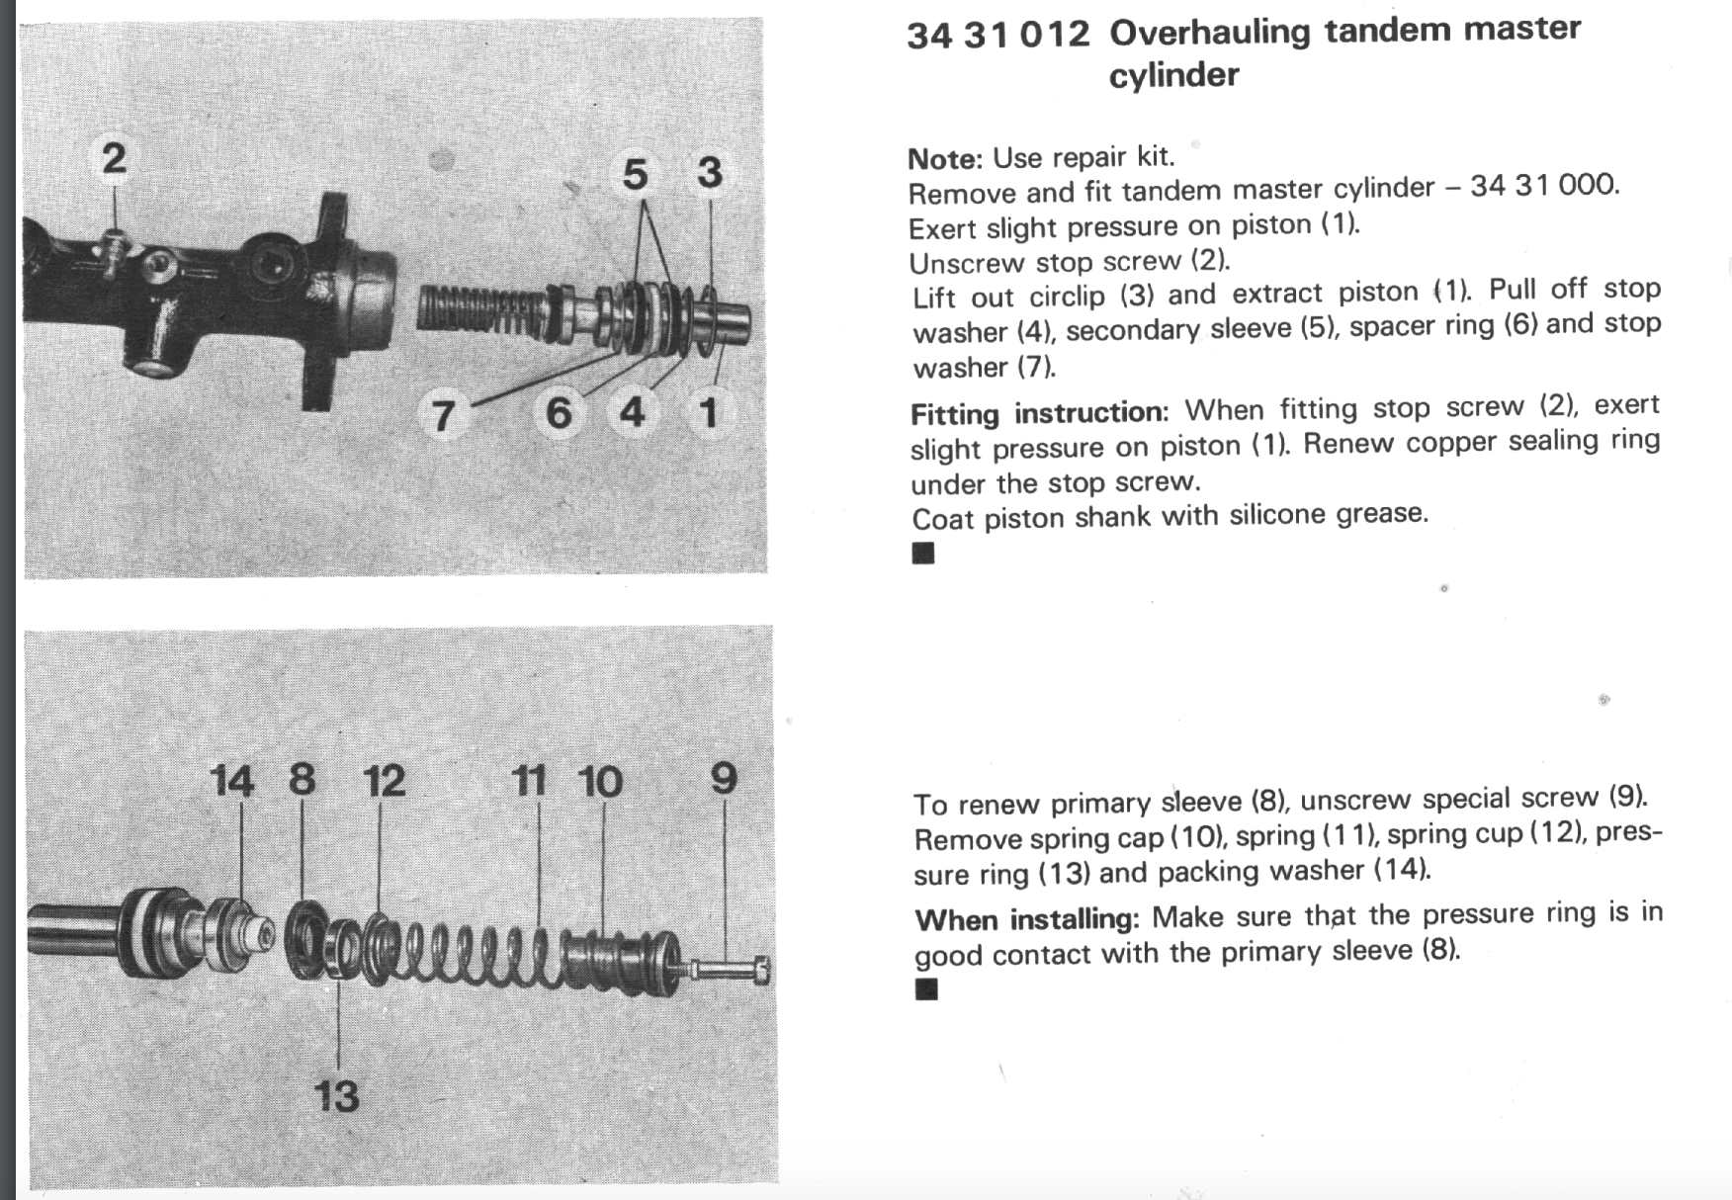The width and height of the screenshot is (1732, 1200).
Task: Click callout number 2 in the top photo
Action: pyautogui.click(x=114, y=158)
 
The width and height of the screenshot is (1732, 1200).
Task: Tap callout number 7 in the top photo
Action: pyautogui.click(x=443, y=414)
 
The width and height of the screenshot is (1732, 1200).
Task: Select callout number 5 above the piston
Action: pyautogui.click(x=635, y=175)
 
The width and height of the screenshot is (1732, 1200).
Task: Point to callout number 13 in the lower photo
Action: pyautogui.click(x=336, y=1096)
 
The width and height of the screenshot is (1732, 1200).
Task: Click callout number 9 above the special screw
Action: pyautogui.click(x=724, y=779)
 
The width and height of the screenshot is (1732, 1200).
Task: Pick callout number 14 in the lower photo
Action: pyautogui.click(x=232, y=781)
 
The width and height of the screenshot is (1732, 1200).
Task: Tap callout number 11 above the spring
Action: pyautogui.click(x=530, y=781)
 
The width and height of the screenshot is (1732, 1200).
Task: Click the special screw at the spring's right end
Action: pyautogui.click(x=732, y=970)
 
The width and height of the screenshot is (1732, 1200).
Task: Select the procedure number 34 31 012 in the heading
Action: pyautogui.click(x=997, y=36)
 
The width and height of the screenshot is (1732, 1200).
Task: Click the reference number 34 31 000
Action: pyautogui.click(x=1544, y=186)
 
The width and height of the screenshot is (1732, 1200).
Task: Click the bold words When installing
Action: pyautogui.click(x=1026, y=919)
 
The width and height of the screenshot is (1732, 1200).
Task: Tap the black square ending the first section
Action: pyautogui.click(x=923, y=553)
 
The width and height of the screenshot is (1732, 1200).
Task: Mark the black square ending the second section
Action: pyautogui.click(x=926, y=989)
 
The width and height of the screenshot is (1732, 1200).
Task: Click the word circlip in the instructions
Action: pyautogui.click(x=1066, y=297)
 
